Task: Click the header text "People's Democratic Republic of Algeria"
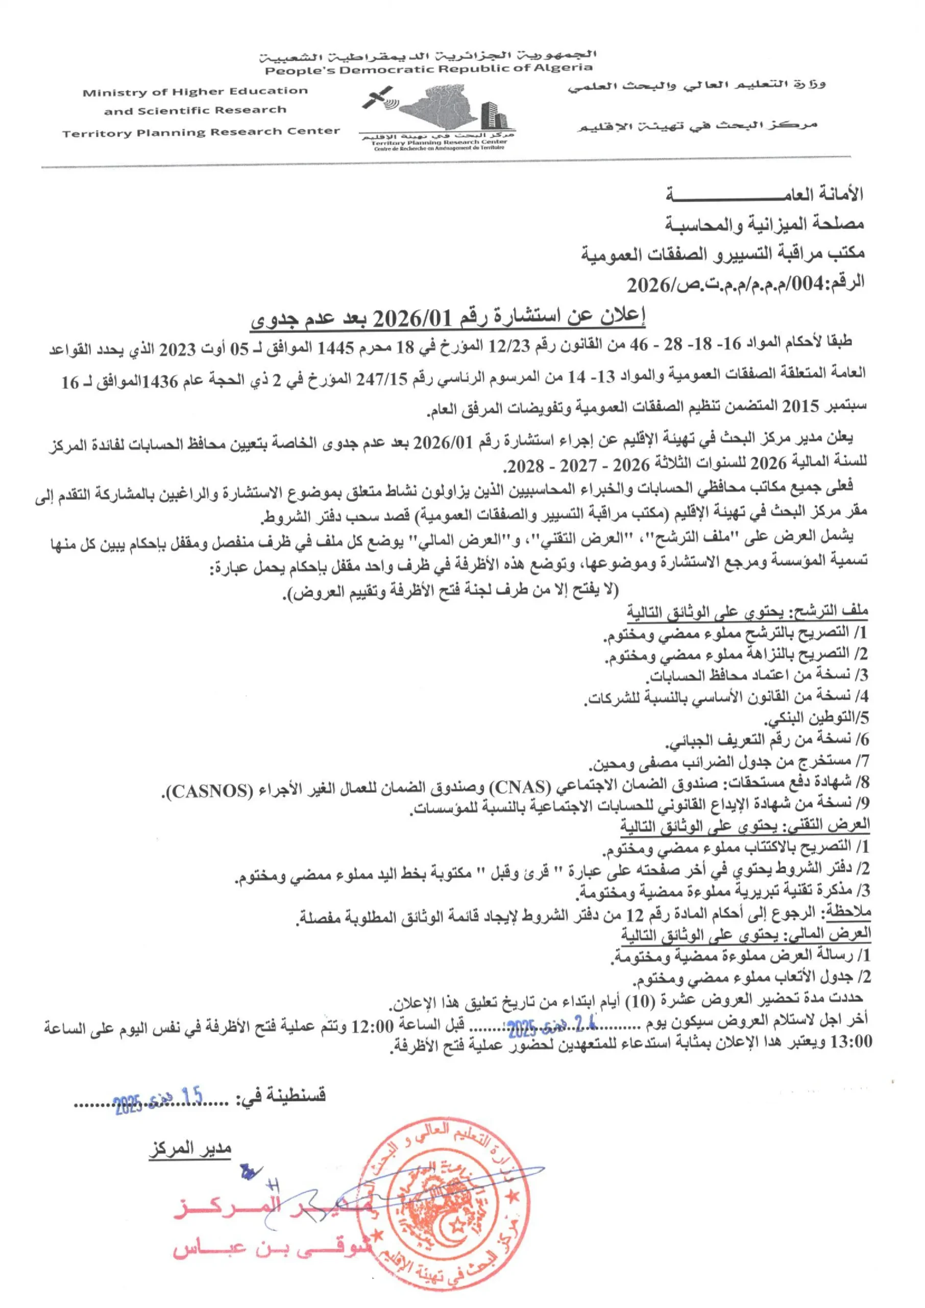tap(428, 69)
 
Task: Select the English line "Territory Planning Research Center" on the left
tap(201, 133)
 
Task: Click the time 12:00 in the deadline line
tap(373, 1027)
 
